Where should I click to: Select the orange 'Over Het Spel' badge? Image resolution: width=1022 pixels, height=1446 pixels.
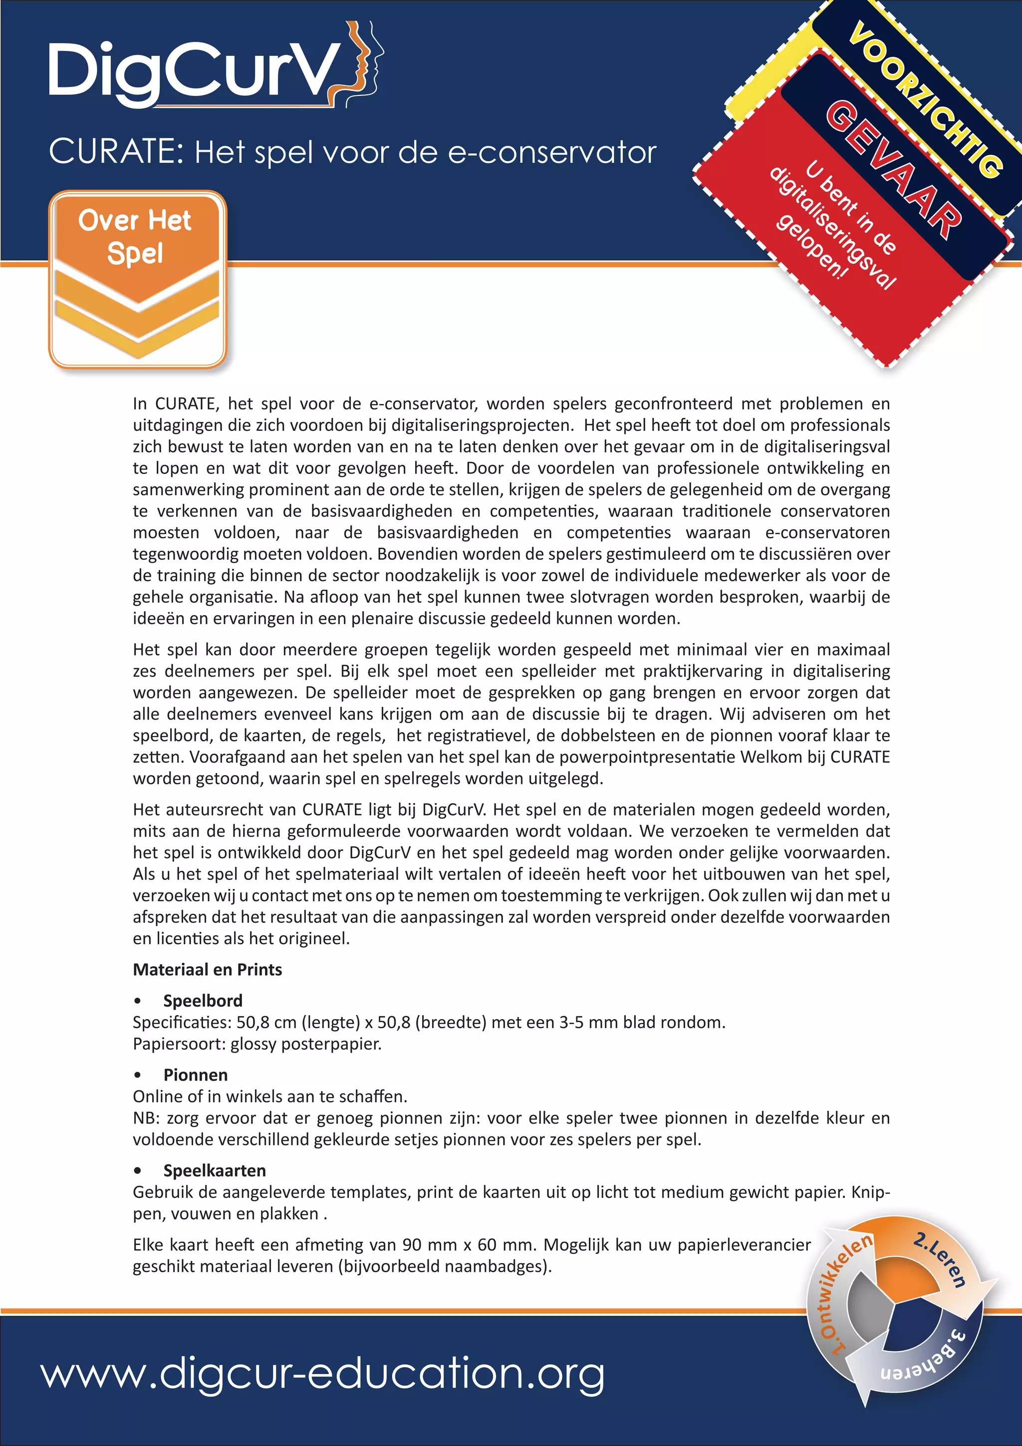(x=137, y=279)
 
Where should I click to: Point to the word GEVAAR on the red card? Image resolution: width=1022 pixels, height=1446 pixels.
(x=894, y=170)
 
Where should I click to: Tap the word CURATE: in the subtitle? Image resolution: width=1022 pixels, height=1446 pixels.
(x=116, y=152)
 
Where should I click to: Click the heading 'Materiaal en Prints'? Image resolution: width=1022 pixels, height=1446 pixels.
(x=207, y=969)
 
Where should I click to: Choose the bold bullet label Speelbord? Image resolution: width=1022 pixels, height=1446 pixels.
(x=203, y=1000)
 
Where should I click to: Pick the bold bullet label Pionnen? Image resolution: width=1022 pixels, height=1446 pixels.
(x=195, y=1075)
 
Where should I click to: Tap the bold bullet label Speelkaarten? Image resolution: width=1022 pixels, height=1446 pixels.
(x=215, y=1170)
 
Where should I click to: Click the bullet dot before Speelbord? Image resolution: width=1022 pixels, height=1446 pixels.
(x=137, y=1001)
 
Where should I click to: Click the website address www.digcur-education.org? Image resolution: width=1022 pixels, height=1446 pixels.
(x=323, y=1374)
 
